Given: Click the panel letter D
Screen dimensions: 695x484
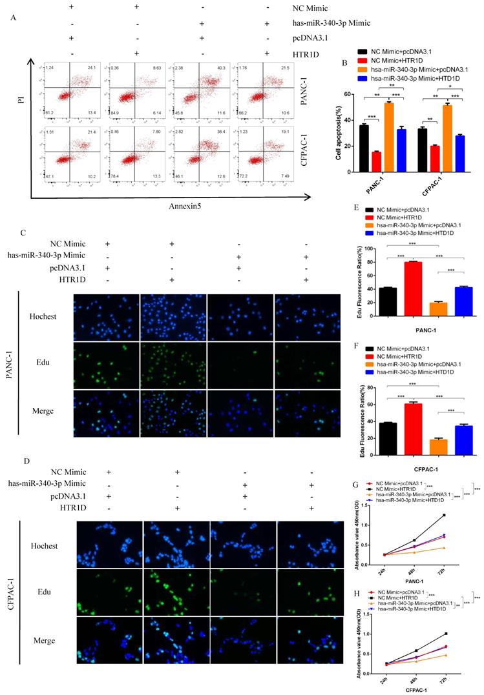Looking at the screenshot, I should [25, 462].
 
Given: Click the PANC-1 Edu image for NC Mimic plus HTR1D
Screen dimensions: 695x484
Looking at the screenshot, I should [173, 365].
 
